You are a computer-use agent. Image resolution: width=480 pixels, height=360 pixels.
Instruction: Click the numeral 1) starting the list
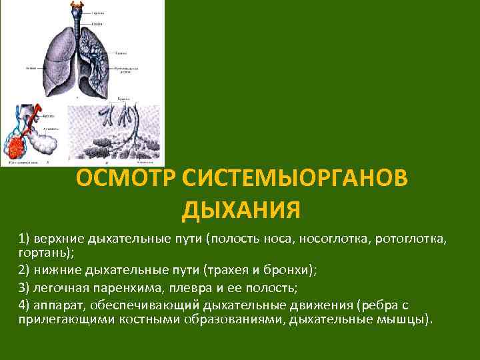coord(25,239)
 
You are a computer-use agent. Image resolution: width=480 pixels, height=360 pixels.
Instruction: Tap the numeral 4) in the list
coord(25,305)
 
